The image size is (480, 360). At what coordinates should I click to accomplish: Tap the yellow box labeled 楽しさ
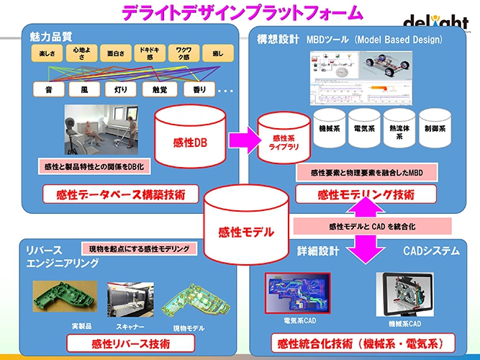(x=47, y=53)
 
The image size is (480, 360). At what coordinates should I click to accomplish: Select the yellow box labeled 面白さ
(x=115, y=53)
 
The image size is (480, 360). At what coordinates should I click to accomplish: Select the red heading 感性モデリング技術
(x=366, y=194)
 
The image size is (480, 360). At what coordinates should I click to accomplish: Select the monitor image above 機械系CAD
(x=404, y=294)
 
